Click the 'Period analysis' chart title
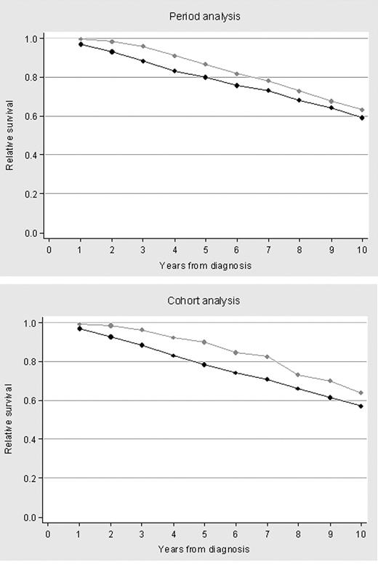[x=206, y=15]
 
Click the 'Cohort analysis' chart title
[x=206, y=300]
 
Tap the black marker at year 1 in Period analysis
[x=81, y=44]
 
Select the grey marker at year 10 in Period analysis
[x=361, y=110]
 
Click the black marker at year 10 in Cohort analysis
[x=361, y=406]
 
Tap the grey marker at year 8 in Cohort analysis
[x=297, y=375]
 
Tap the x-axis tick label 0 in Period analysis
[x=49, y=249]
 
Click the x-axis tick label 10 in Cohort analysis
[x=361, y=534]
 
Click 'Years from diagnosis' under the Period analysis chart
[x=206, y=265]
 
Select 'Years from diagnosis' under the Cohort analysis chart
[x=206, y=550]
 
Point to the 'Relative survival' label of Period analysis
[x=10, y=136]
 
